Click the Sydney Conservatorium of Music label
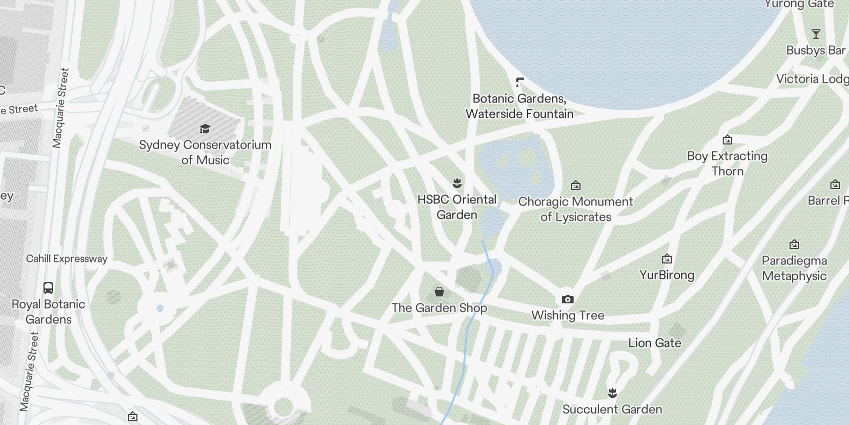click(x=205, y=152)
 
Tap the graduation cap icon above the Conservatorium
click(x=205, y=129)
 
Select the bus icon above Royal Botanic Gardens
click(x=48, y=288)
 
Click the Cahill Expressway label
click(x=67, y=259)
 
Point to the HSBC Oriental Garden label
click(x=457, y=207)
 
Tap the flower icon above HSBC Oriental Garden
click(x=457, y=184)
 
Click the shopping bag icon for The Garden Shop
click(x=439, y=292)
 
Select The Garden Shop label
click(x=439, y=308)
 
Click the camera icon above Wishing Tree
click(x=567, y=299)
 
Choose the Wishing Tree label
click(x=568, y=315)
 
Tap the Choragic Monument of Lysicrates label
click(x=576, y=209)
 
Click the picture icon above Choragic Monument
click(x=576, y=185)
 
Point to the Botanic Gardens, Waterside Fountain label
click(x=519, y=106)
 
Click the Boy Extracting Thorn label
click(x=727, y=163)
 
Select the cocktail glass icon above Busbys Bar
click(x=816, y=35)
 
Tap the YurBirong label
click(x=667, y=275)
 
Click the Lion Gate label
click(x=655, y=343)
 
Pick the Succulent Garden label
click(x=612, y=409)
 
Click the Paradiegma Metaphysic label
click(x=794, y=268)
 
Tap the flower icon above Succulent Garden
click(x=613, y=393)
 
